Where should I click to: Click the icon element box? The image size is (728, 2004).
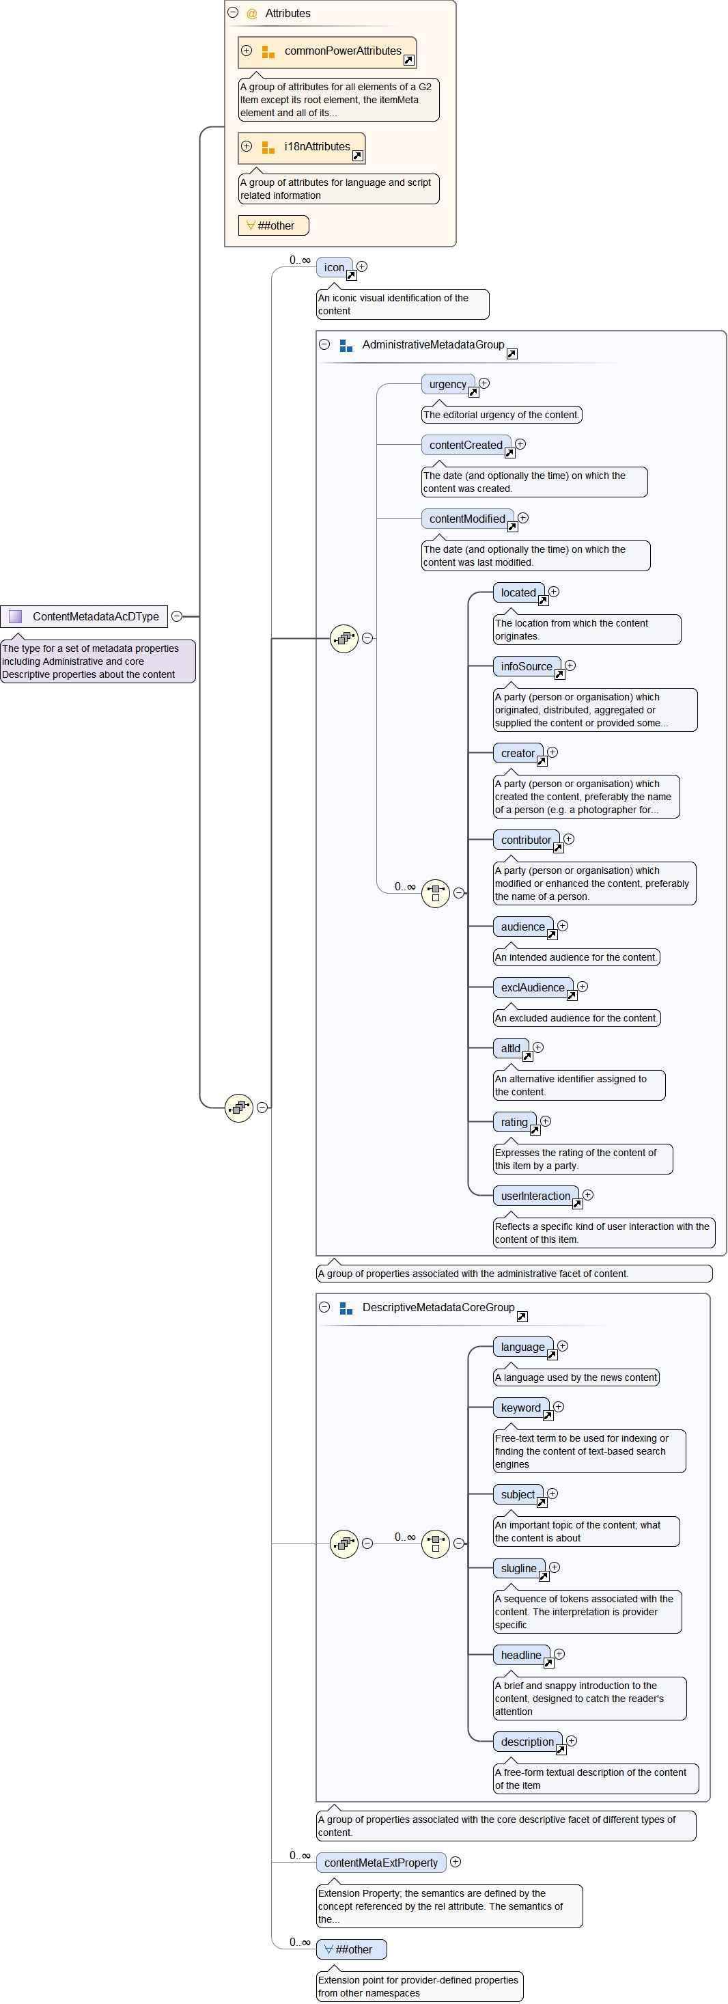click(x=335, y=268)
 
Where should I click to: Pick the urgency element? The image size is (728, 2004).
click(x=448, y=384)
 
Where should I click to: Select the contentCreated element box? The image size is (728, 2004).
click(x=466, y=445)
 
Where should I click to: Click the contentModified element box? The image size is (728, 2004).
click(x=467, y=519)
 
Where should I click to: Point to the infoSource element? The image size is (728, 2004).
click(x=527, y=667)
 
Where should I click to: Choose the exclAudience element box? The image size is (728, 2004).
click(x=533, y=988)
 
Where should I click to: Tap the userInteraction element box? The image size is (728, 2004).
click(x=536, y=1196)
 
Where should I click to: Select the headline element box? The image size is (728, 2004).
click(x=521, y=1656)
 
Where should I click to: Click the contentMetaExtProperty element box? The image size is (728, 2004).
click(x=381, y=1863)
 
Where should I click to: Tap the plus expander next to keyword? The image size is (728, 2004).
click(x=559, y=1408)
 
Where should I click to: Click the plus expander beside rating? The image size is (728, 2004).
click(x=546, y=1121)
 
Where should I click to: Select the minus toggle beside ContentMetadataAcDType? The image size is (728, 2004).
click(x=177, y=616)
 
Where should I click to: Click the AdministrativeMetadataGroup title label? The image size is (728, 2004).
click(x=433, y=344)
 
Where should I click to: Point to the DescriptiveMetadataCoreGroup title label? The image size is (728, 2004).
click(x=438, y=1308)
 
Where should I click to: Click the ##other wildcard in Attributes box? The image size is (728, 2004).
click(x=274, y=225)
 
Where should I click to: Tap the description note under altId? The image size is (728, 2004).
click(x=579, y=1085)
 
